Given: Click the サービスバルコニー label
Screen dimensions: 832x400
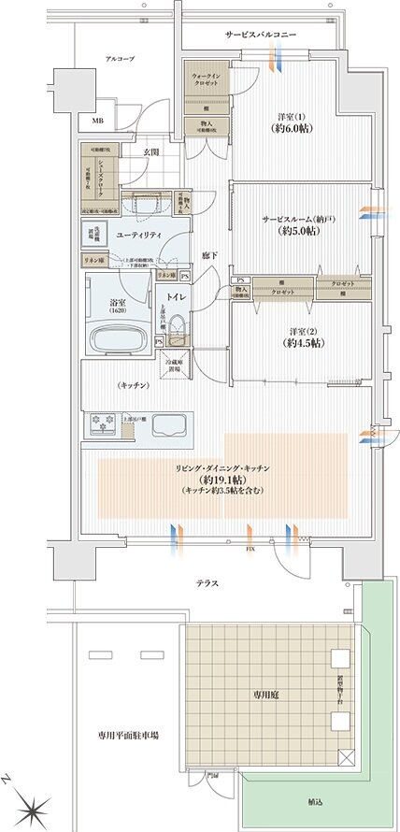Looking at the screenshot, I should tap(261, 34).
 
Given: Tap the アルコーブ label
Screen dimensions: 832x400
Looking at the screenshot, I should tap(119, 58).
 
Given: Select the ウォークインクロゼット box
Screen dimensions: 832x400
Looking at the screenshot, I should tap(205, 79).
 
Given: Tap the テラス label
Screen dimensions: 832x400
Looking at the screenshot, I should tap(208, 582).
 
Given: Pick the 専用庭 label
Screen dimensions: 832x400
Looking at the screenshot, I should tap(261, 696).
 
